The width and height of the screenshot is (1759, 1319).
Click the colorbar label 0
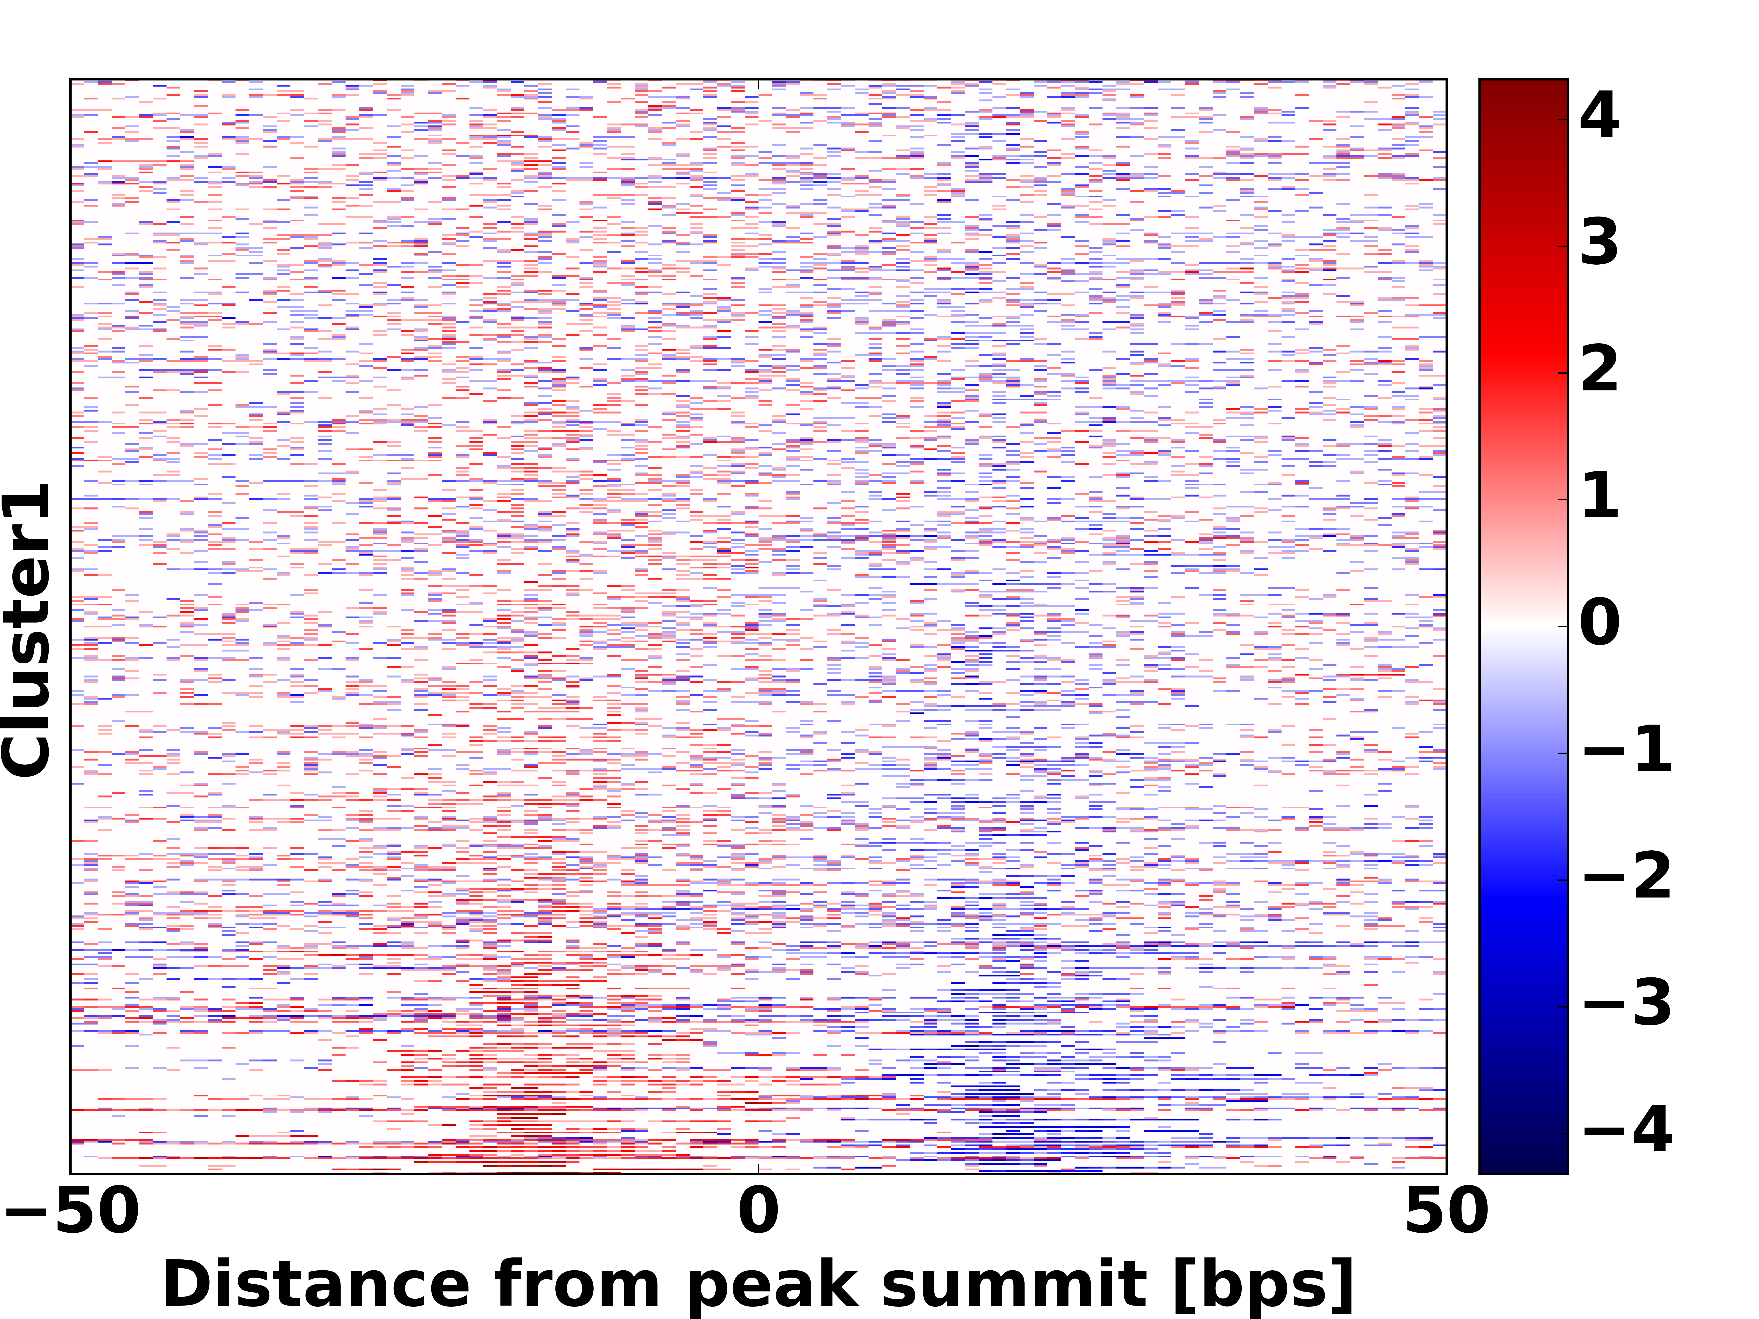coord(1599,623)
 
